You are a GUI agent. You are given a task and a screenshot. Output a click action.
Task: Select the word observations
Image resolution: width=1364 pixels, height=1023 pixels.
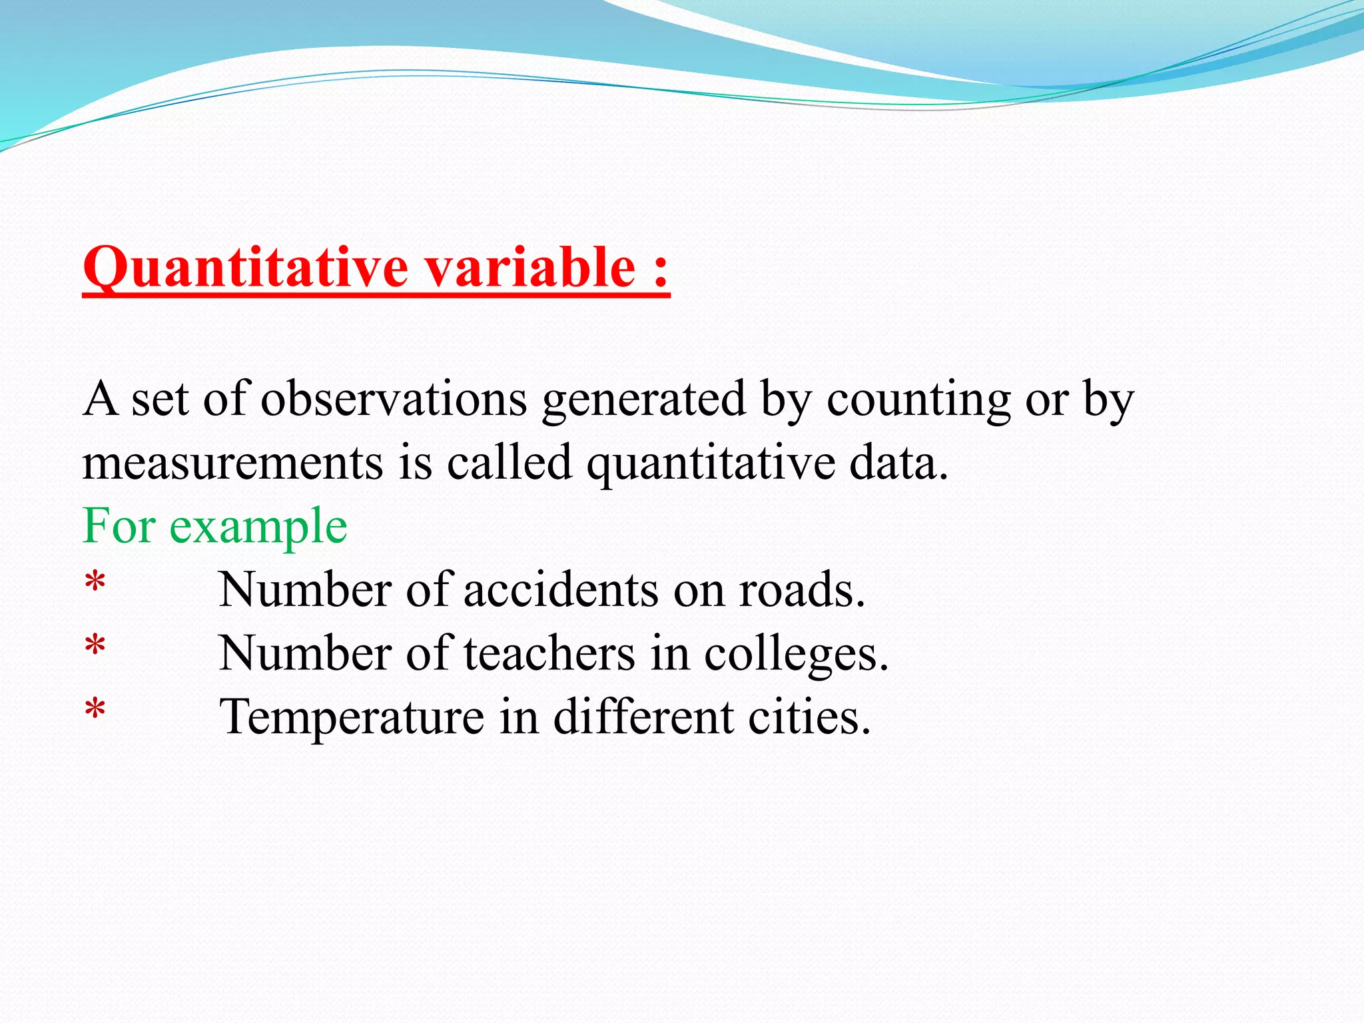pyautogui.click(x=394, y=400)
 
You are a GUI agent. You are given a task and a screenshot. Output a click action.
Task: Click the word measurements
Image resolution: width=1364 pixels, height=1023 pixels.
pyautogui.click(x=232, y=463)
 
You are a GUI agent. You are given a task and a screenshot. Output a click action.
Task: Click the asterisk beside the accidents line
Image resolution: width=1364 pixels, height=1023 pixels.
pyautogui.click(x=95, y=583)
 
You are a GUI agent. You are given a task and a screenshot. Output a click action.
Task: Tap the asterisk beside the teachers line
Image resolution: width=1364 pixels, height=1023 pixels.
pyautogui.click(x=95, y=647)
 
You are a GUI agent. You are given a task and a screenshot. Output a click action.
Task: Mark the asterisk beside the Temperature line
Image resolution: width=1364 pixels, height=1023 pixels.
pyautogui.click(x=95, y=710)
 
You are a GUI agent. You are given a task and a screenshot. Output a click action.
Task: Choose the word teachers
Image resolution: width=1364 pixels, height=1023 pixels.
pyautogui.click(x=549, y=654)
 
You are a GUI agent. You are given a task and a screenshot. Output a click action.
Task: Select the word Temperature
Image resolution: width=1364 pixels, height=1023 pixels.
pyautogui.click(x=352, y=718)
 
